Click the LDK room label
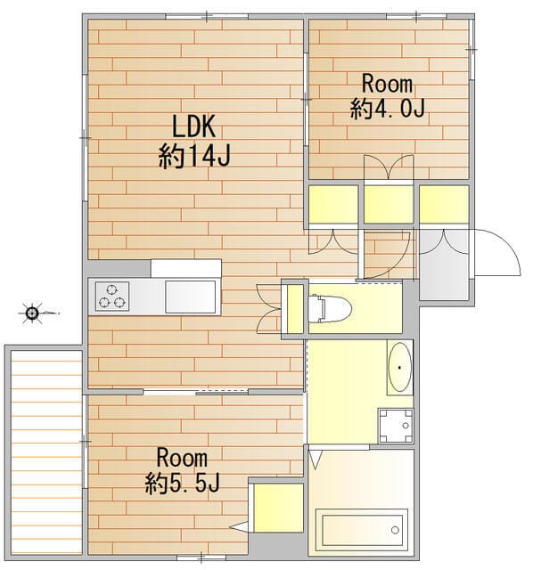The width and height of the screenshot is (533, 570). pyautogui.click(x=194, y=126)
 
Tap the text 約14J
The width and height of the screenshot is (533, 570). pyautogui.click(x=194, y=156)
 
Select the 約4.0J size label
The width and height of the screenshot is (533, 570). pyautogui.click(x=388, y=108)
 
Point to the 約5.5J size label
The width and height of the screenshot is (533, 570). pyautogui.click(x=182, y=483)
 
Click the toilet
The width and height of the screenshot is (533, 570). pyautogui.click(x=329, y=309)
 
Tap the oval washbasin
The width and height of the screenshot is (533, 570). pyautogui.click(x=399, y=367)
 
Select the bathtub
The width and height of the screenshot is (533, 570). pyautogui.click(x=361, y=530)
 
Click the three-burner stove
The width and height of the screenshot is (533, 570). pyautogui.click(x=112, y=297)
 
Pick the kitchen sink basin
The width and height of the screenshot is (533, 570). pyautogui.click(x=190, y=297)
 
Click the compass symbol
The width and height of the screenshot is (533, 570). pyautogui.click(x=32, y=313)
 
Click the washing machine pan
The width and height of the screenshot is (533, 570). pyautogui.click(x=396, y=426)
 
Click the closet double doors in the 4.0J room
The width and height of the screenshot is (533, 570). pyautogui.click(x=389, y=167)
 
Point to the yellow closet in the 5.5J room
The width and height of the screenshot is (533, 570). pyautogui.click(x=278, y=508)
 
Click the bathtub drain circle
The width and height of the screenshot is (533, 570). pyautogui.click(x=395, y=530)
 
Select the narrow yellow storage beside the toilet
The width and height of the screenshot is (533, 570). pyautogui.click(x=295, y=309)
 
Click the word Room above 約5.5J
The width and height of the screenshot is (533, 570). pyautogui.click(x=182, y=459)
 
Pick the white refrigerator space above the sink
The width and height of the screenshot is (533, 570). pyautogui.click(x=186, y=268)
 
